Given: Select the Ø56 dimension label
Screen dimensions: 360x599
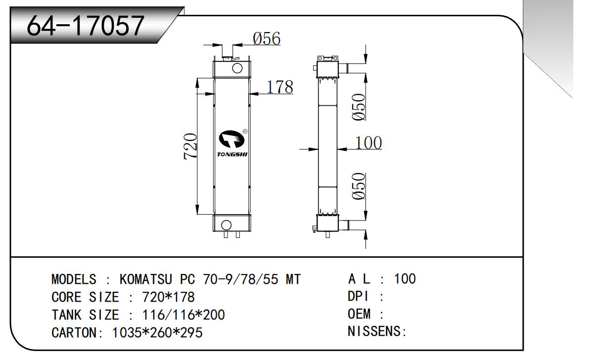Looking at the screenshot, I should tap(267, 38).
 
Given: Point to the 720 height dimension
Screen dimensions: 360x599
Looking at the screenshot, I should tap(191, 146).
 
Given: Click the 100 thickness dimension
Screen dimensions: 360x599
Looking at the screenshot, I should tap(369, 142).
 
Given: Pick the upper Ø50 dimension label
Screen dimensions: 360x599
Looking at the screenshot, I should tap(360, 106).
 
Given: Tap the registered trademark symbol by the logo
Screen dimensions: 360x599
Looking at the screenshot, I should tap(245, 132).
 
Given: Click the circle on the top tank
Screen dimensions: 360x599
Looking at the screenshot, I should tap(237, 68).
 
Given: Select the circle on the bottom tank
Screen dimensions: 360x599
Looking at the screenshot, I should tap(226, 224).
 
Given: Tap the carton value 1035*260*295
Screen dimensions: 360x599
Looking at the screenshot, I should tap(158, 333).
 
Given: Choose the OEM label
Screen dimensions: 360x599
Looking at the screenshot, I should tap(359, 314).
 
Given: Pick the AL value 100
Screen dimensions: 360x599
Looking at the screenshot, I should tap(405, 279).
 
